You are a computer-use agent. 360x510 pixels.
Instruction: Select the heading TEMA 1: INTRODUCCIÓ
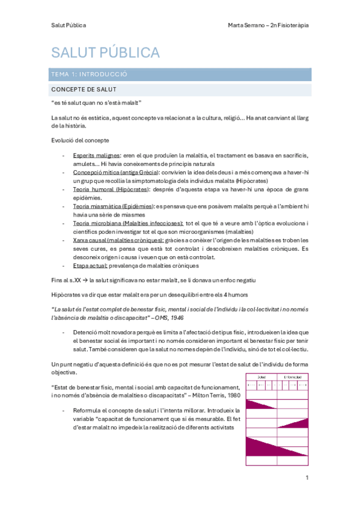click(90, 75)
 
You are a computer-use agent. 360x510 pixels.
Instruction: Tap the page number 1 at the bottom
click(307, 478)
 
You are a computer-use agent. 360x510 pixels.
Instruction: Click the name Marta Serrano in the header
click(248, 25)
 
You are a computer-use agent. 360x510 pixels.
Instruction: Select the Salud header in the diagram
click(262, 377)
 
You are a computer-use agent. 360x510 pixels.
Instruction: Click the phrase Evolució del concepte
click(80, 141)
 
